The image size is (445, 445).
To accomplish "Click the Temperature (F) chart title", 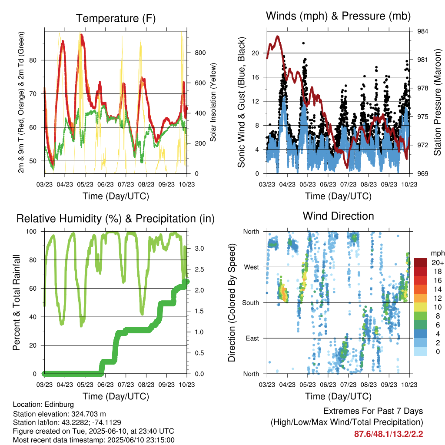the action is [x=116, y=18].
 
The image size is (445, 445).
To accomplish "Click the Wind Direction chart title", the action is [x=338, y=216].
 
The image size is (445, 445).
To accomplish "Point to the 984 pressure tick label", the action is [x=422, y=31].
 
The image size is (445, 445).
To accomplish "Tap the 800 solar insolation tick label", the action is [x=200, y=53].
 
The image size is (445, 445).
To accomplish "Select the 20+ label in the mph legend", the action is [x=438, y=262].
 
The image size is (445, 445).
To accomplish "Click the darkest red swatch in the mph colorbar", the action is [x=421, y=262].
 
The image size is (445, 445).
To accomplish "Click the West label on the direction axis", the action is [x=252, y=267].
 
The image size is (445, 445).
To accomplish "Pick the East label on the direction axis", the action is [x=252, y=338].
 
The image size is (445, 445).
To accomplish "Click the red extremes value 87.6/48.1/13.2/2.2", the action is [x=389, y=434].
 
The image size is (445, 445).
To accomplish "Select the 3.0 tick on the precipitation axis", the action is [x=199, y=248].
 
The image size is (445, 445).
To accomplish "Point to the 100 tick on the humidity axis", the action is [x=31, y=232].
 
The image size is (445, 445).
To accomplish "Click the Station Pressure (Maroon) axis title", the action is [x=437, y=102].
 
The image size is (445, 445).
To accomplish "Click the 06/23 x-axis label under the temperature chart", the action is [x=106, y=184].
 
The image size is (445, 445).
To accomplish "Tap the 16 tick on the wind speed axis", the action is [x=255, y=77].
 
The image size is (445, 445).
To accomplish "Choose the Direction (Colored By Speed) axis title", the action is [x=232, y=302].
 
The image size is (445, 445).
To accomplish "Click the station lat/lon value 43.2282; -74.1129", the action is [x=91, y=422].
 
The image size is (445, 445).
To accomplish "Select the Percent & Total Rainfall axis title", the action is [x=17, y=302].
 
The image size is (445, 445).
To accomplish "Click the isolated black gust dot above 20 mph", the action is [x=303, y=43].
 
